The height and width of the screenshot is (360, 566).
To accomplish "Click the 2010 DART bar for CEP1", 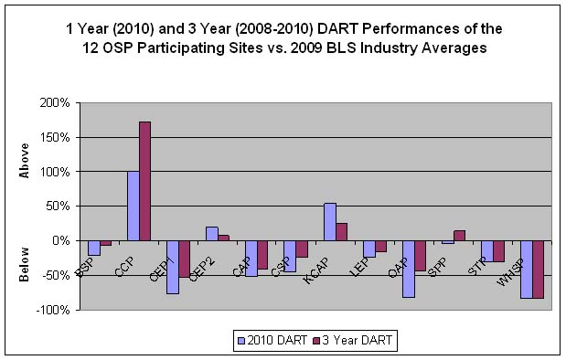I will tap(172, 267).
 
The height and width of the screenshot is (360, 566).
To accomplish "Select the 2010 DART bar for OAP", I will tap(408, 269).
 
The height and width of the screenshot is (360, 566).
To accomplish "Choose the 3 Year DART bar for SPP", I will tap(459, 236).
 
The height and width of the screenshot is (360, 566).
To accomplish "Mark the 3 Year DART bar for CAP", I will tap(262, 255).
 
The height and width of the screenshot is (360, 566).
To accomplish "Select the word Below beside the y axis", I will tap(25, 262).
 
